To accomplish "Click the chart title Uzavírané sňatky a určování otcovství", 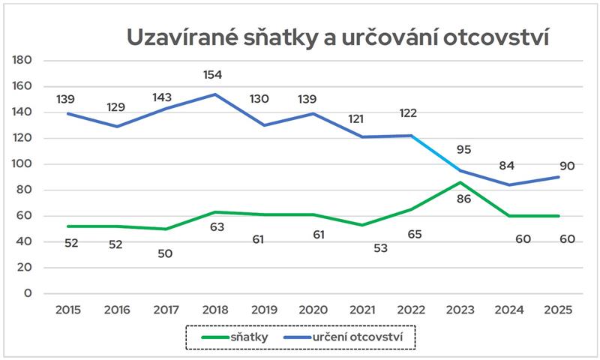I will click(337, 37).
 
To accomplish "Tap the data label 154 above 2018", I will click(212, 74).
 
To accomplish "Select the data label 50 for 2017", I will click(165, 253).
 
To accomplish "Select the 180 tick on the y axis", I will click(23, 60).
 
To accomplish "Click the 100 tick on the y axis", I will click(23, 164).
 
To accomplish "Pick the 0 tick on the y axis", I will click(28, 293).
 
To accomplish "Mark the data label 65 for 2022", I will click(412, 234).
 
